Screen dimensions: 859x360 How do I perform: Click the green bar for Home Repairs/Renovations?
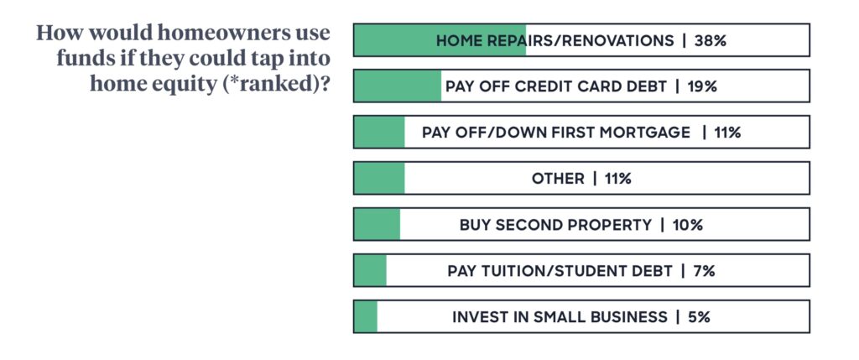tap(440, 40)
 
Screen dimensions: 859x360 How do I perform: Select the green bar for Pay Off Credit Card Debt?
tap(398, 86)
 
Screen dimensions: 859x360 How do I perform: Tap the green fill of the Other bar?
tap(380, 178)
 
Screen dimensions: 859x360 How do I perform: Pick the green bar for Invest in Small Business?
tap(366, 316)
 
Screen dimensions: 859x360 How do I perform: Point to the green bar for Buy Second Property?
tap(377, 224)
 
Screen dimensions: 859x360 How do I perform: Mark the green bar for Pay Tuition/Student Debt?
tap(370, 271)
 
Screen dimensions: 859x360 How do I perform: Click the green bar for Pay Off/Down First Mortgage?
tap(380, 132)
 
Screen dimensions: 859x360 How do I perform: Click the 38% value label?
tap(710, 40)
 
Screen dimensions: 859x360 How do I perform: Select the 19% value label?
tap(701, 86)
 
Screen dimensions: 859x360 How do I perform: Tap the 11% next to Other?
tap(617, 179)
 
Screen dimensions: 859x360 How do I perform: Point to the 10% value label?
tap(687, 225)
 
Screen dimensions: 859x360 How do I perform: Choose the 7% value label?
tap(704, 271)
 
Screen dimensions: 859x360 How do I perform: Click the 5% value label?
tap(699, 317)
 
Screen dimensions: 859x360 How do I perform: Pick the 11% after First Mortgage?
tap(727, 133)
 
